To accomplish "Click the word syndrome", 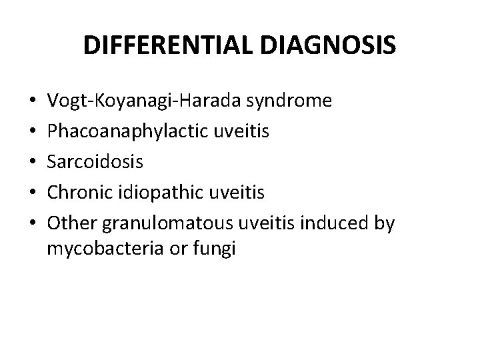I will point(291,101).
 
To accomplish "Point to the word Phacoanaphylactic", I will point(127,131).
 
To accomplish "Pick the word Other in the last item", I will point(69,223).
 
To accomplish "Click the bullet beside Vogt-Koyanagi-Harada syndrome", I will point(33,102).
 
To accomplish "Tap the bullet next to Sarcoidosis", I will point(33,163).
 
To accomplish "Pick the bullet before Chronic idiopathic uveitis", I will point(33,193).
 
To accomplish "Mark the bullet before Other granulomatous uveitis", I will point(33,224).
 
